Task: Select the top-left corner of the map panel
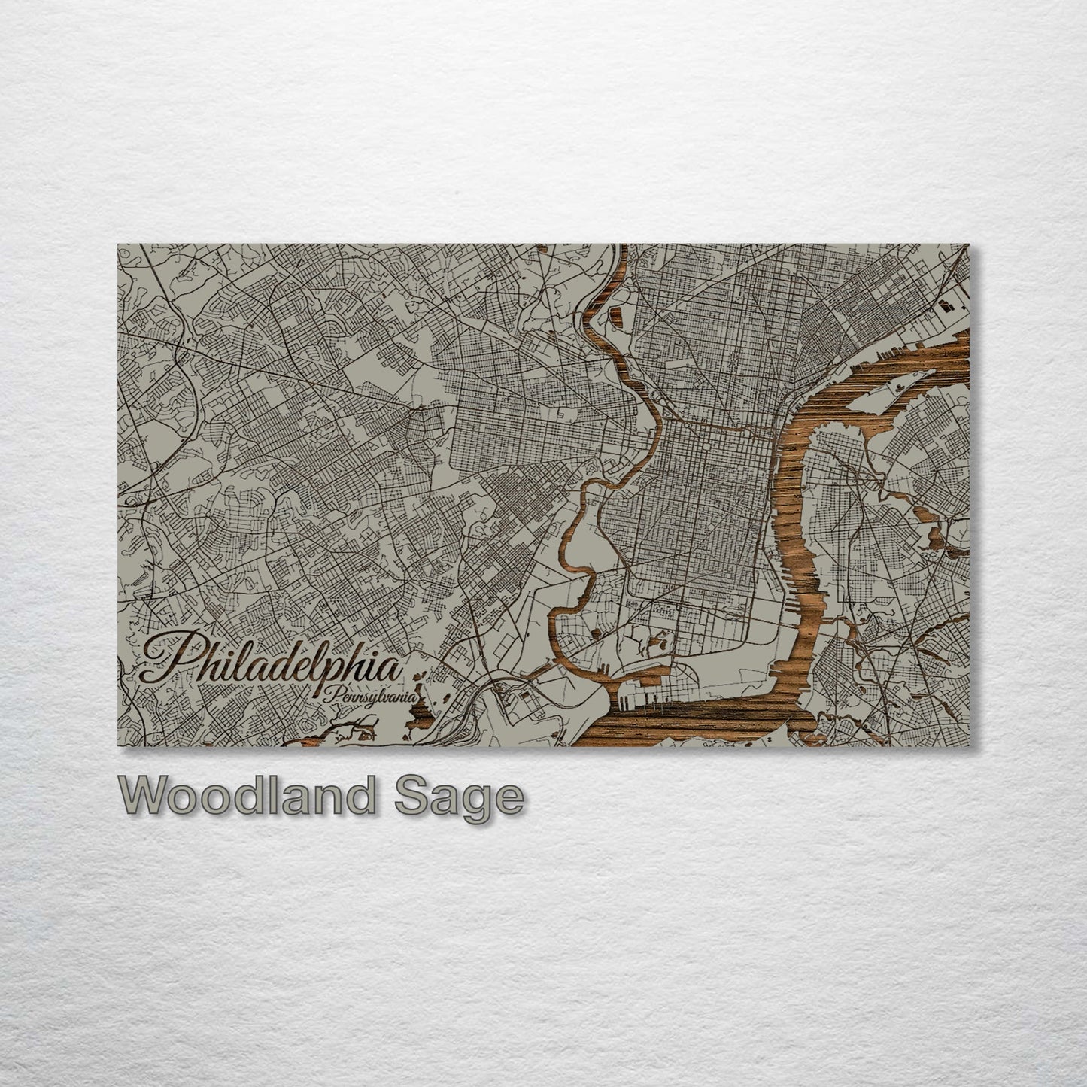tap(118, 244)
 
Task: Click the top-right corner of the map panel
tap(969, 244)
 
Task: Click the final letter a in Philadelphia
tap(389, 666)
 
